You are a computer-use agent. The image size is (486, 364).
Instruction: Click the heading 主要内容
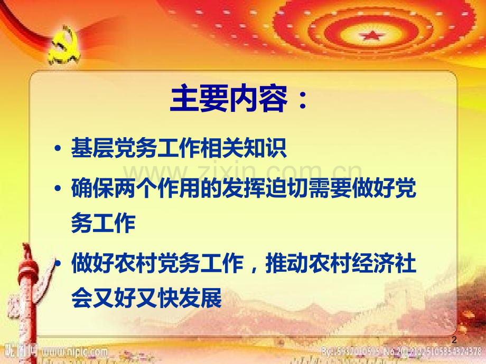pyautogui.click(x=228, y=99)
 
